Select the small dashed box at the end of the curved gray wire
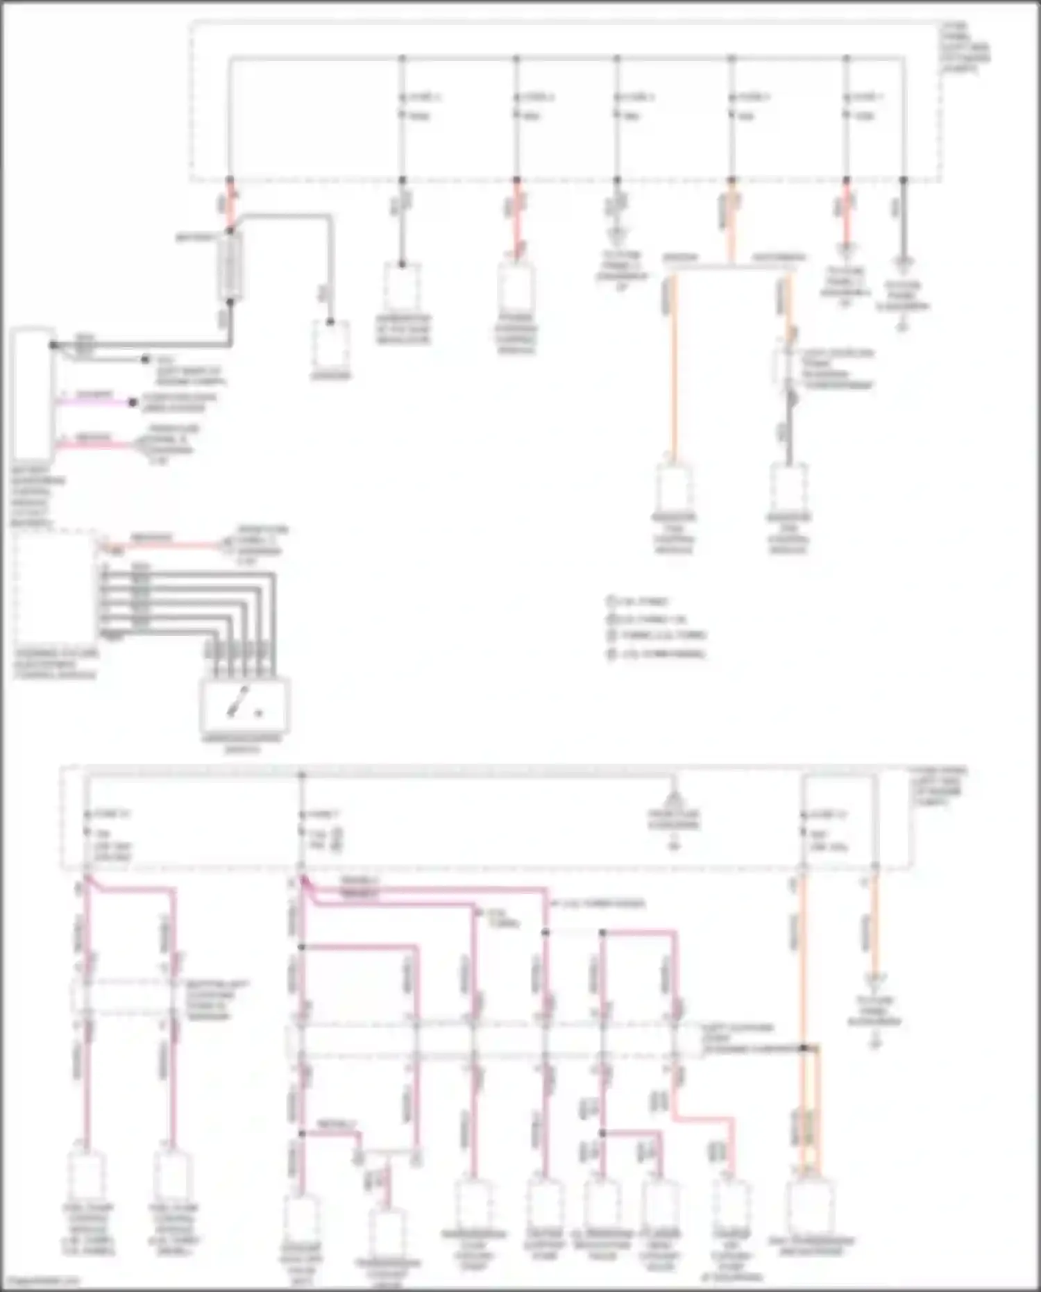(x=330, y=345)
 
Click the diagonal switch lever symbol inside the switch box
(x=235, y=707)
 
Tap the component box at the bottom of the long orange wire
(x=673, y=488)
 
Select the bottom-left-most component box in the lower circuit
(x=86, y=1175)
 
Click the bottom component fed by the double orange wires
(x=811, y=1207)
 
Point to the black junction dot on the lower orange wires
(x=805, y=1047)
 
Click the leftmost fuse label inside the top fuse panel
(x=423, y=97)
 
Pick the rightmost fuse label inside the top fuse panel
(x=867, y=97)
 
